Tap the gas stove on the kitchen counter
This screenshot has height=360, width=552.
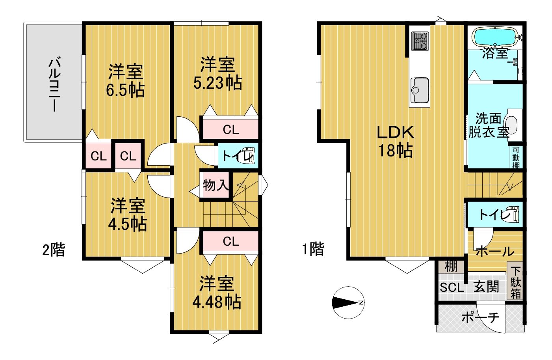[420, 41]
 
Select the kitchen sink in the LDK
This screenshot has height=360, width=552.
[419, 90]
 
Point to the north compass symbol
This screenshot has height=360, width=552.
[348, 302]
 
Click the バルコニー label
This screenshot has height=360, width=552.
[54, 84]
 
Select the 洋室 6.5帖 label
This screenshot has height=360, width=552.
[125, 80]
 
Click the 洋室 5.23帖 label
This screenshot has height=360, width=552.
[217, 73]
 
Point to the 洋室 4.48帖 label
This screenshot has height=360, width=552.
[216, 293]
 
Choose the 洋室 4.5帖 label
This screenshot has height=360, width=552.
[127, 214]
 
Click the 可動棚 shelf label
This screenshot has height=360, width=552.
[516, 157]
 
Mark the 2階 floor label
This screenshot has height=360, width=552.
[53, 250]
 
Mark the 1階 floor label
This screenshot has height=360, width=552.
[313, 248]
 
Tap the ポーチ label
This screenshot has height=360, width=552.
[480, 317]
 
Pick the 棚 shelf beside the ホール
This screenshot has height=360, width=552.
[451, 266]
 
